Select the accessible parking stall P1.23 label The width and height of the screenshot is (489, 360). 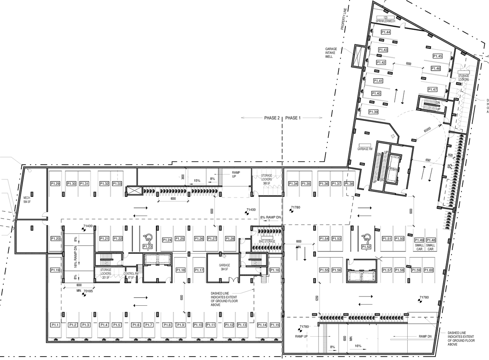(x=148, y=246)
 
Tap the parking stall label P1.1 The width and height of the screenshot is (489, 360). (x=55, y=325)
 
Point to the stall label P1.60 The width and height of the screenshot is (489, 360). (x=429, y=270)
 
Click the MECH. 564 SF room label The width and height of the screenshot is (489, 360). (x=28, y=199)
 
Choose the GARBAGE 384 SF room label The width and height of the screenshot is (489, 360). (x=224, y=266)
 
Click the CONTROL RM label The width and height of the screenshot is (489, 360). (x=130, y=276)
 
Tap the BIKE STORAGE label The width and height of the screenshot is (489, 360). (x=267, y=242)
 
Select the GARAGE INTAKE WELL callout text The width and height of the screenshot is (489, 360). (x=330, y=53)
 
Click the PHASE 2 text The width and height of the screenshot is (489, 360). (x=272, y=118)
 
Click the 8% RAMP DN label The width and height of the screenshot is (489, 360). (x=270, y=217)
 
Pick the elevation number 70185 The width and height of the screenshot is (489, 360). (x=88, y=291)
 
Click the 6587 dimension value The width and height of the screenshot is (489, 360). (x=427, y=160)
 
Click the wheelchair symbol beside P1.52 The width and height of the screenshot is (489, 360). (x=366, y=237)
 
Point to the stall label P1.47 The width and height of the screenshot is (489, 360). (x=432, y=89)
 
